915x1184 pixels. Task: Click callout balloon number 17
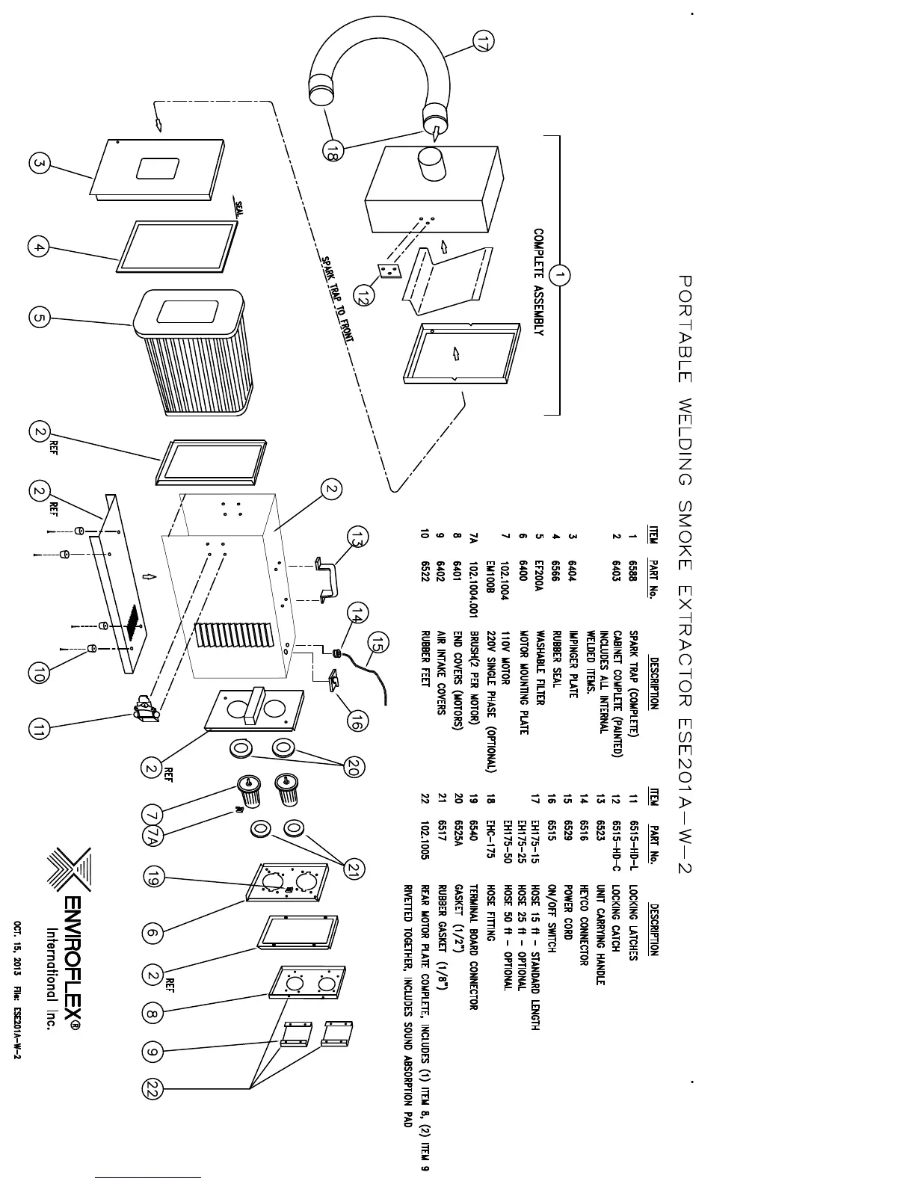[x=483, y=43]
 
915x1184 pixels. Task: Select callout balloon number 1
[x=559, y=276]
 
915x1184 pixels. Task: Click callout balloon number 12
[x=362, y=297]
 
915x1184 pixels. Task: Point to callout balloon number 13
[x=358, y=537]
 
